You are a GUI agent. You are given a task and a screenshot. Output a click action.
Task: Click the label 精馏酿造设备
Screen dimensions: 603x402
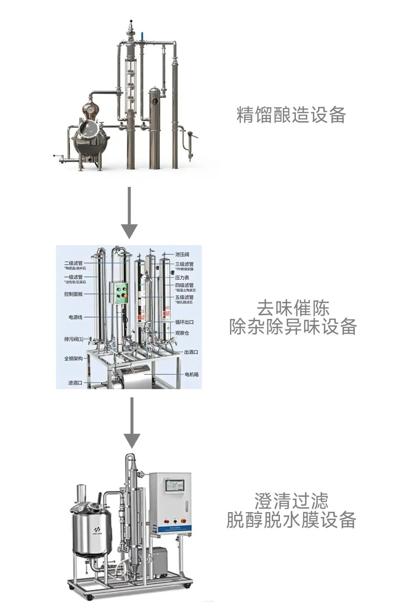(x=291, y=115)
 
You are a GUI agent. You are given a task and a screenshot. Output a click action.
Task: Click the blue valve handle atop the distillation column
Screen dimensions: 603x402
(x=142, y=36)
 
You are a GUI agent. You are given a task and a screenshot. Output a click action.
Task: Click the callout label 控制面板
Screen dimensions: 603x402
(x=73, y=294)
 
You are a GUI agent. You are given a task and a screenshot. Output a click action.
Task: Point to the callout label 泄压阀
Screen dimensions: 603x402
(x=182, y=255)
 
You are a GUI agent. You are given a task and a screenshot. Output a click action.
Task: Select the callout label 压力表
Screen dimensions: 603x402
(x=182, y=278)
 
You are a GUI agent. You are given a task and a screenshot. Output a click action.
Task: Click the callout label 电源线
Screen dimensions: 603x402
(x=76, y=317)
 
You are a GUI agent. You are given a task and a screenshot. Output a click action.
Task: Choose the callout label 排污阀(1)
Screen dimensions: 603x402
(x=74, y=339)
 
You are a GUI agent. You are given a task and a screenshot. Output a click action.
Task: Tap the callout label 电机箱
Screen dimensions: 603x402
(x=192, y=374)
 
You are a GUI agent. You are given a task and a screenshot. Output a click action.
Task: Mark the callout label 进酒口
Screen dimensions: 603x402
(x=75, y=383)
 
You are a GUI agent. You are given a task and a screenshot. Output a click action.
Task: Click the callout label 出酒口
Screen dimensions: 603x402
(x=191, y=352)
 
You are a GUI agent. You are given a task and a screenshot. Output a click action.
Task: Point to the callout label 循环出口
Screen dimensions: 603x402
(x=184, y=322)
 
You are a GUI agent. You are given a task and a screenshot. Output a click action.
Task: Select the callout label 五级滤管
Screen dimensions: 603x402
(x=184, y=297)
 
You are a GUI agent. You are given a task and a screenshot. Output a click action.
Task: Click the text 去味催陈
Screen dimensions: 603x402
(x=293, y=308)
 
